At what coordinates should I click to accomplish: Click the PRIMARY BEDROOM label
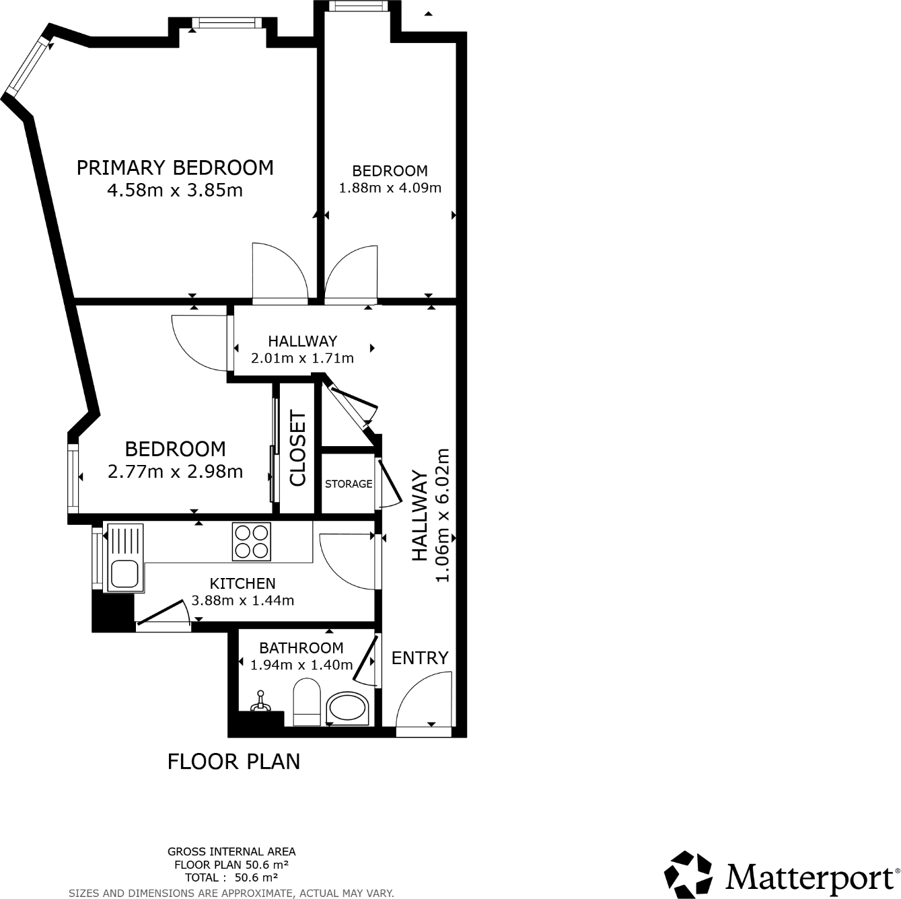pos(175,168)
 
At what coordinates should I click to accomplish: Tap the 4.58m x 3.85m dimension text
pos(175,190)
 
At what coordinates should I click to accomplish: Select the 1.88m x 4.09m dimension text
pos(390,188)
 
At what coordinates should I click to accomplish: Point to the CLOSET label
pos(297,448)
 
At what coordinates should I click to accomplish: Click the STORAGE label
pos(349,484)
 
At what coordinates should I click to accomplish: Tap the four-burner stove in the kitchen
pos(252,542)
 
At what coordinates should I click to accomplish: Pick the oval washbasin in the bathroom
pos(347,709)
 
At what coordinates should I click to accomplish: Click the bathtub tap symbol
pos(260,701)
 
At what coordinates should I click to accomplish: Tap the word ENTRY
pos(420,657)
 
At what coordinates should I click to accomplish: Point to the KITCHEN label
pos(243,583)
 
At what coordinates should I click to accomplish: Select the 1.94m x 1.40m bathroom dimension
pos(301,664)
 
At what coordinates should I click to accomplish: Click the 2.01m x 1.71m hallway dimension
pos(303,358)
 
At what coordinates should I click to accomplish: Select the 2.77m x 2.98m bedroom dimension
pos(176,471)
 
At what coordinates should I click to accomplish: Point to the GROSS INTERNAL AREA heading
pos(231,851)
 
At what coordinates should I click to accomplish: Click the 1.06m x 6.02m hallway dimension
pos(442,515)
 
